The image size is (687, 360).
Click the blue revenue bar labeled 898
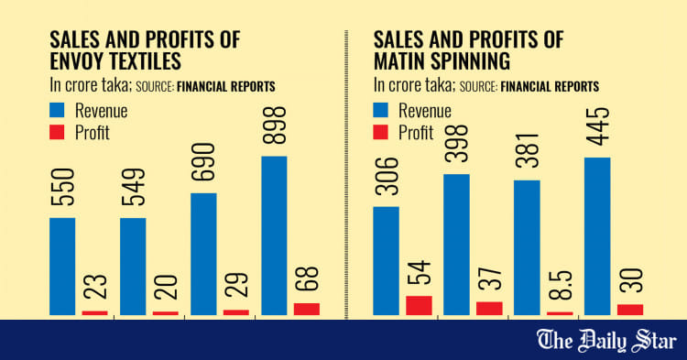274,235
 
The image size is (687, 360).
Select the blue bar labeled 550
61,267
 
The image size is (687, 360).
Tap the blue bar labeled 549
133,267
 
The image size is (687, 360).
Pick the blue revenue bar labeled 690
203,255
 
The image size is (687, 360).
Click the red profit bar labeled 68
307,309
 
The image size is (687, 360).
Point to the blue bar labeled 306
386,261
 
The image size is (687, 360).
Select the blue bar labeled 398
456,245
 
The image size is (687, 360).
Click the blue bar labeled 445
597,236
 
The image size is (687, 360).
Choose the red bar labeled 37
489,309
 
